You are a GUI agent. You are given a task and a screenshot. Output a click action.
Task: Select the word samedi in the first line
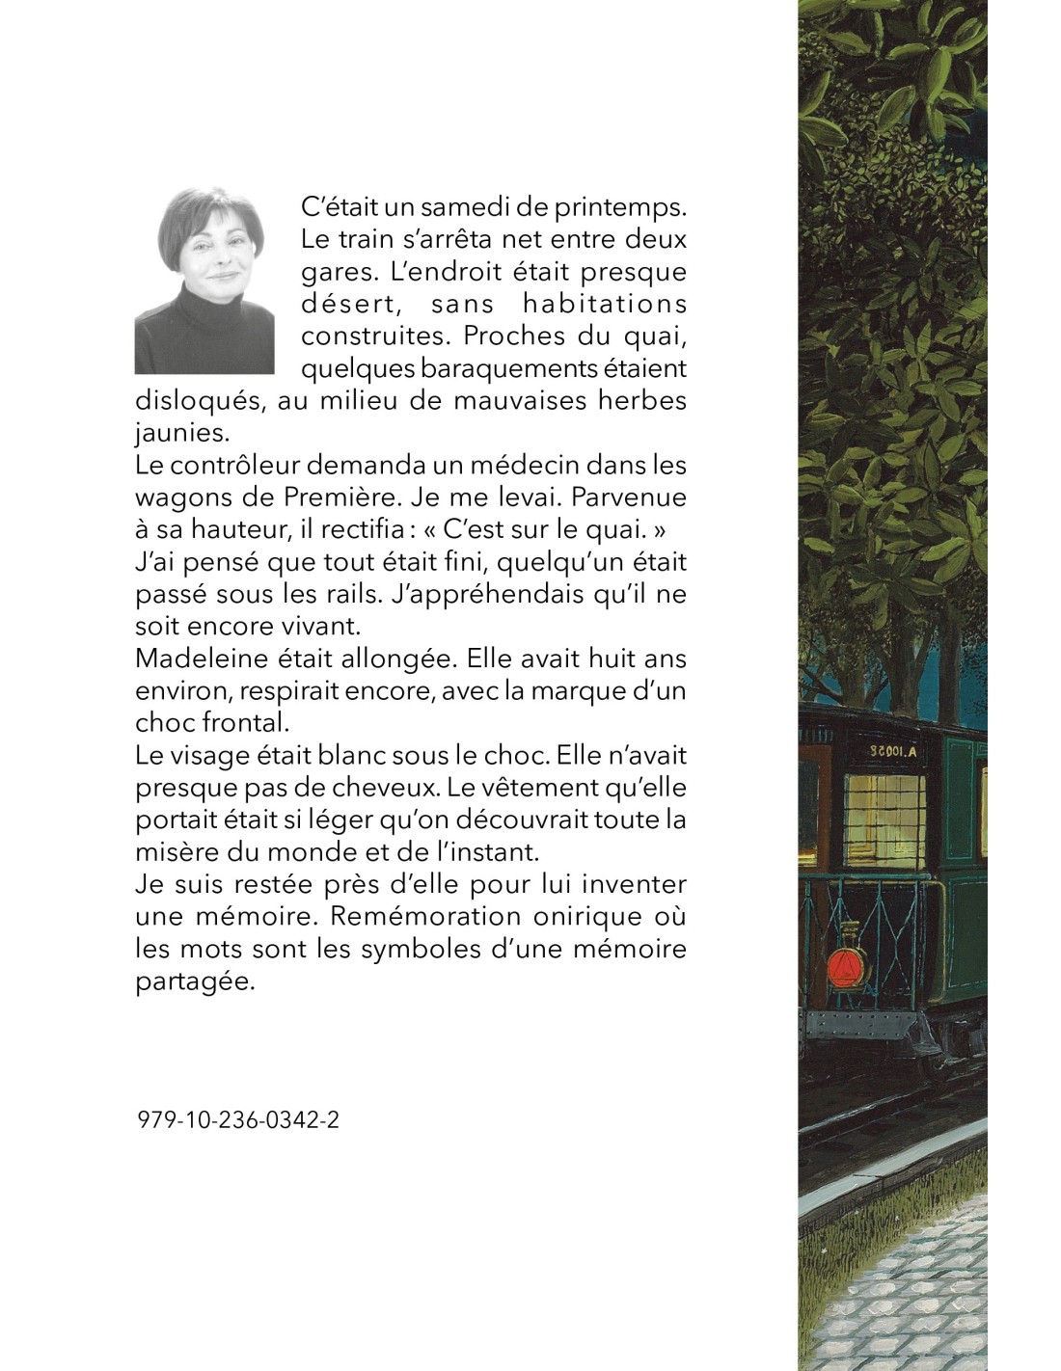452,206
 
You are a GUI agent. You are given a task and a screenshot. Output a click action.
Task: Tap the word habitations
604,304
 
